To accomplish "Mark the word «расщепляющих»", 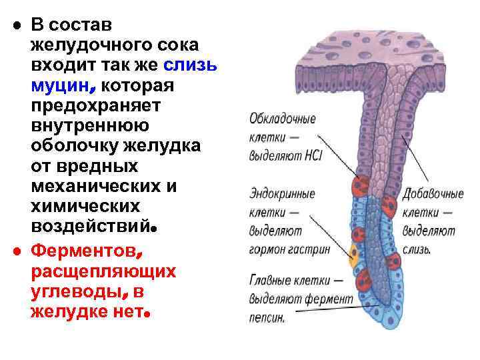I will (x=103, y=272).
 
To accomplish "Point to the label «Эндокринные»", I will (x=281, y=194).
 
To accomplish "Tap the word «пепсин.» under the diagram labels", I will (x=267, y=319).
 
